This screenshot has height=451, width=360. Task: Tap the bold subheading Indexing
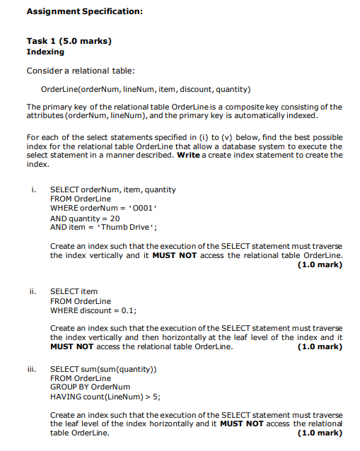pos(45,52)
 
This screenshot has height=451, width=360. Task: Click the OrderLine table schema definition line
pos(145,89)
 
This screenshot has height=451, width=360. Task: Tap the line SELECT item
pos(74,291)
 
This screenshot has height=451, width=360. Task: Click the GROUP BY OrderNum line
pos(90,387)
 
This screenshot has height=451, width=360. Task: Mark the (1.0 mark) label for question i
pos(320,265)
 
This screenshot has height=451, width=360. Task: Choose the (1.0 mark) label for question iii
pos(320,433)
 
